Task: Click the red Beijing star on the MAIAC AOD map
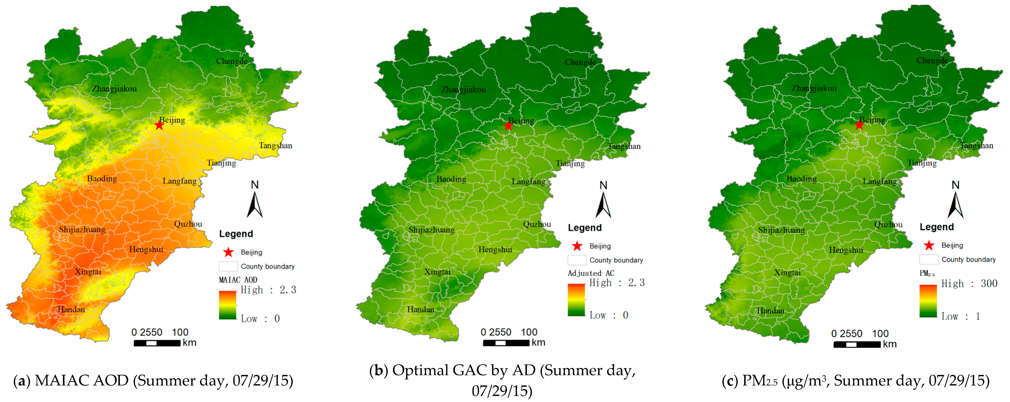(159, 125)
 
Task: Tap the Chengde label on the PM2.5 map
(932, 60)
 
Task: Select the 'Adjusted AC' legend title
(591, 273)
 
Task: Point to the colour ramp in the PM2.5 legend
(928, 301)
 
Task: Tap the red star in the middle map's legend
(577, 246)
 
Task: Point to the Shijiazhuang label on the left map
(82, 230)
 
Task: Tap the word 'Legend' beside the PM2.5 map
(937, 227)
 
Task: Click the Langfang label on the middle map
(528, 181)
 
